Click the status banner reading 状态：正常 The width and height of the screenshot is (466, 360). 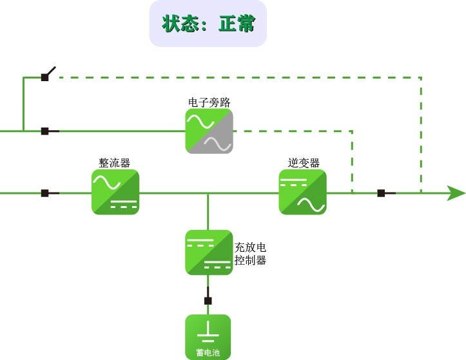point(208,24)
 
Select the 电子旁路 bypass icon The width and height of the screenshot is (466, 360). point(209,131)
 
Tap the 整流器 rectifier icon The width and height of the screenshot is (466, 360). point(115,192)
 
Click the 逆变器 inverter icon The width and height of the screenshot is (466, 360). point(302,192)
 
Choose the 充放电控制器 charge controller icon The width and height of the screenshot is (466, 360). point(209,252)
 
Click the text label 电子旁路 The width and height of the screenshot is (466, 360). point(209,102)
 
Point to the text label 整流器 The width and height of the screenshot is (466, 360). point(115,163)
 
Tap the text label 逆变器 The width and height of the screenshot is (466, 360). point(304,163)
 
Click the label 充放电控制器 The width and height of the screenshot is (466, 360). point(251,254)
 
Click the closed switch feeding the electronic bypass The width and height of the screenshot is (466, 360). point(45,131)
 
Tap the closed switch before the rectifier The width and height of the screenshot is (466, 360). point(45,193)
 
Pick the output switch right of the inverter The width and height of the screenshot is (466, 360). point(382,193)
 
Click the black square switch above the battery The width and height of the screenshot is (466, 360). point(208,301)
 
